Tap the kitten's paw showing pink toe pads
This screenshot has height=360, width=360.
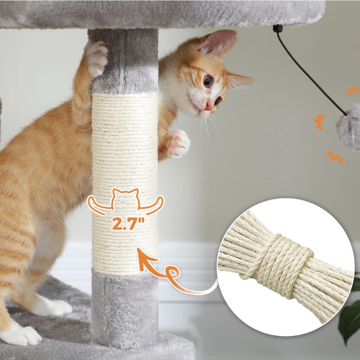[176, 142]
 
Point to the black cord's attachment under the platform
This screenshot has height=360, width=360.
[276, 28]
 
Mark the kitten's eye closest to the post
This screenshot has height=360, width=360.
[208, 81]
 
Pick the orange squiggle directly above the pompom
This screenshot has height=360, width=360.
[353, 90]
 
